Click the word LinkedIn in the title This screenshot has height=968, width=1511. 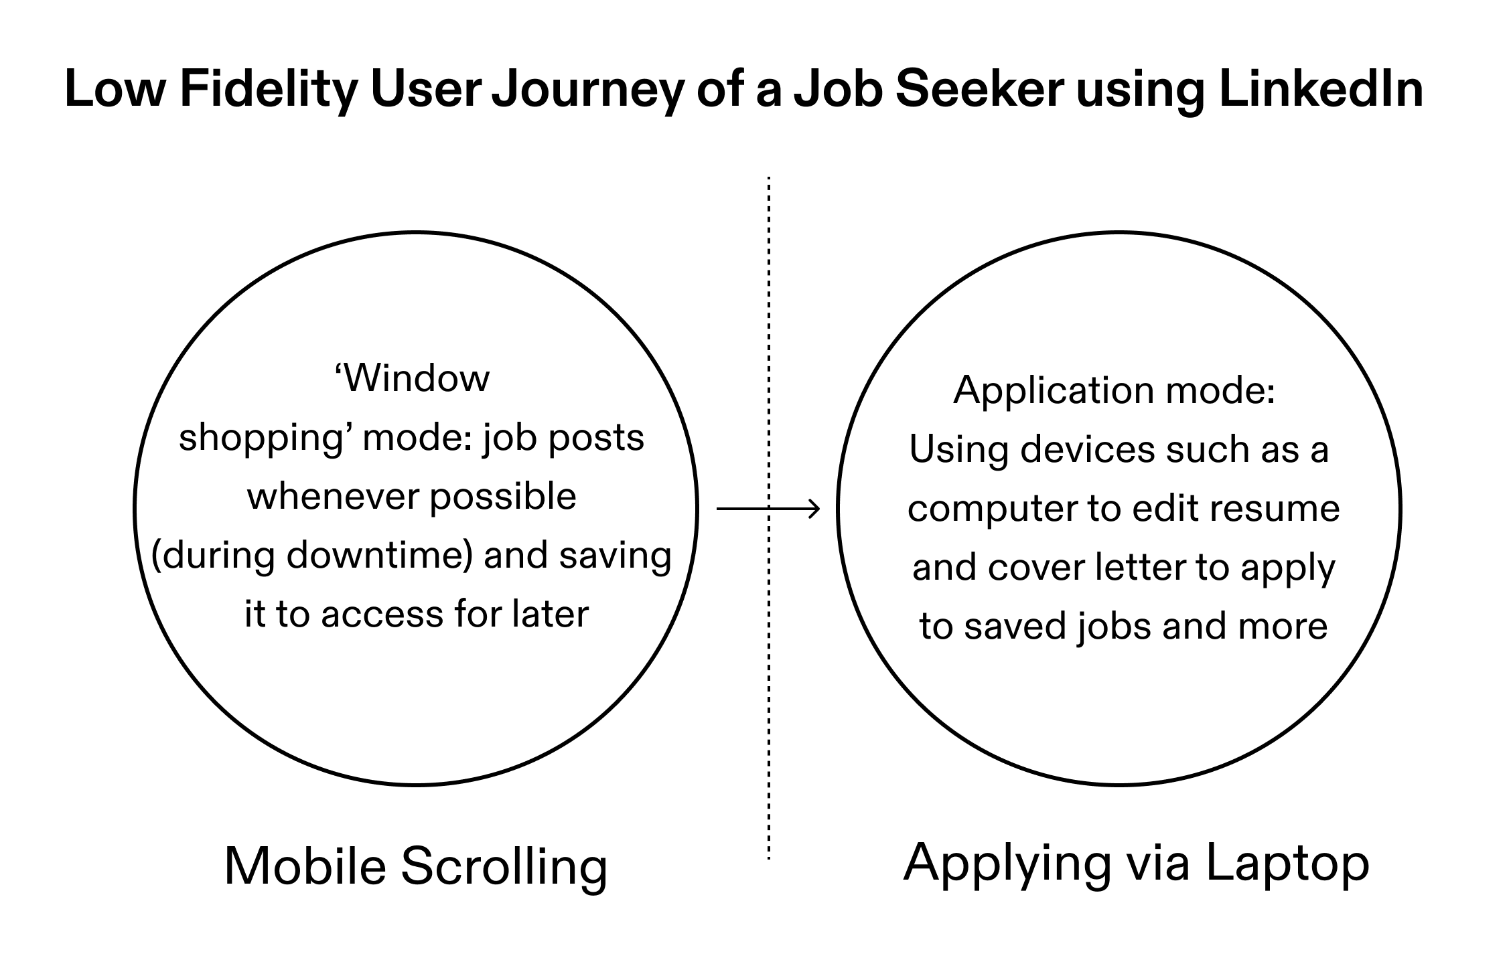click(x=1321, y=90)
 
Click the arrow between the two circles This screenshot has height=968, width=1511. click(x=768, y=509)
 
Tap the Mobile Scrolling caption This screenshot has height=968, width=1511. click(x=416, y=867)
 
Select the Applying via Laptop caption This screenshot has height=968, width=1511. click(x=1137, y=864)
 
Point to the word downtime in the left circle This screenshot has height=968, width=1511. click(x=376, y=556)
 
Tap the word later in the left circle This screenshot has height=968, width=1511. click(x=551, y=615)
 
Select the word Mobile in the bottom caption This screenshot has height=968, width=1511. click(x=305, y=867)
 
